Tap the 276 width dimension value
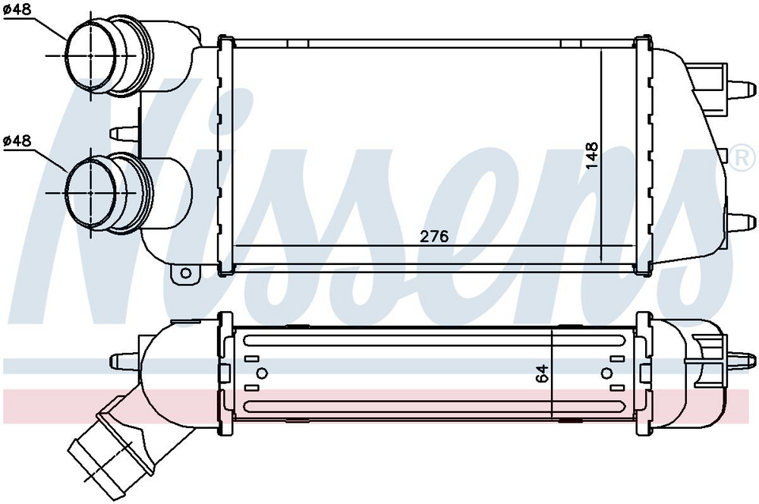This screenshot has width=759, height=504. (x=434, y=236)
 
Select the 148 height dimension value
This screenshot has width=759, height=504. (x=591, y=156)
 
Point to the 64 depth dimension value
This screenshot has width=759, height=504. (x=543, y=373)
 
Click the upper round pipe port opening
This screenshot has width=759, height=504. (x=90, y=55)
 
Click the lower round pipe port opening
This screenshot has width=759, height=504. (x=90, y=192)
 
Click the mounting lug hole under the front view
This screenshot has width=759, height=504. (x=185, y=273)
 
